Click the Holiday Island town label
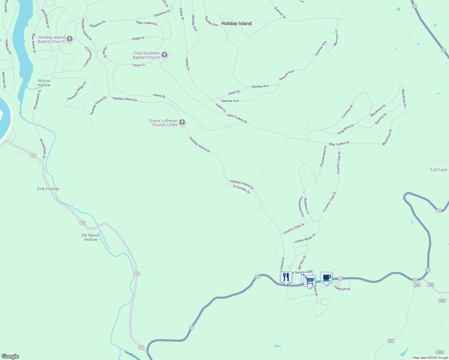click(x=236, y=23)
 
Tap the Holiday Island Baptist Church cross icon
click(x=70, y=39)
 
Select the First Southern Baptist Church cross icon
click(x=164, y=55)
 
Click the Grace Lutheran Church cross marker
click(x=182, y=122)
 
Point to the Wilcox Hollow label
click(x=44, y=83)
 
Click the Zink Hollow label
click(x=48, y=189)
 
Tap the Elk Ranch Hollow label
click(x=91, y=237)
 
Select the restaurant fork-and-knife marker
click(x=286, y=277)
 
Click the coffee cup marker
click(x=326, y=277)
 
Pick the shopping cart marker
click(x=309, y=281)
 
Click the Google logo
click(x=10, y=356)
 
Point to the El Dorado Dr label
click(x=242, y=189)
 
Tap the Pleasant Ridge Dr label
click(x=77, y=91)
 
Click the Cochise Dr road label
click(x=348, y=111)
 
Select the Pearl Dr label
click(x=234, y=93)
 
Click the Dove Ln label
click(x=139, y=65)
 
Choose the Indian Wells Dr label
click(x=305, y=239)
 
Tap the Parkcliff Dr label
click(x=342, y=289)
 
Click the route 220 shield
click(x=431, y=284)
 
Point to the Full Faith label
click(x=439, y=170)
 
